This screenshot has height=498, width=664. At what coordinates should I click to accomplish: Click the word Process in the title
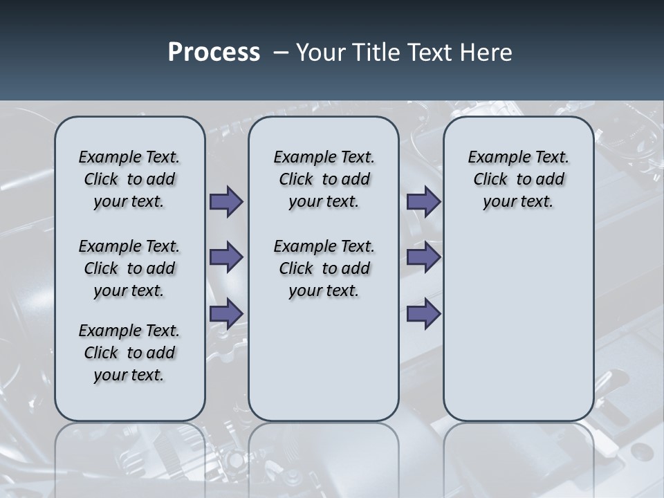click(x=214, y=53)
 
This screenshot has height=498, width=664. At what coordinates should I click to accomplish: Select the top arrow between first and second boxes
click(x=226, y=202)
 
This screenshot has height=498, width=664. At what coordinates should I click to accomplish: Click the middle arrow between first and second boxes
click(x=226, y=258)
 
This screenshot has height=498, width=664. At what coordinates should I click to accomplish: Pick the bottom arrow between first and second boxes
click(x=226, y=314)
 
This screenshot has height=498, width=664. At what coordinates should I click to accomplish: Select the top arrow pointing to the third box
click(x=423, y=202)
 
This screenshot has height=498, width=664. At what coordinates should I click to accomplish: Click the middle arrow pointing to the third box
click(x=423, y=258)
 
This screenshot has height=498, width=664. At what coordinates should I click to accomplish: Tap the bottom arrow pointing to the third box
click(x=423, y=314)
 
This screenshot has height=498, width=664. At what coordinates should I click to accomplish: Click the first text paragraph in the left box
click(x=129, y=179)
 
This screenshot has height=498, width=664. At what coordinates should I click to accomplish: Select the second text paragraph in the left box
click(x=129, y=268)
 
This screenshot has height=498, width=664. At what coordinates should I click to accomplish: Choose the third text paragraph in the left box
click(x=129, y=353)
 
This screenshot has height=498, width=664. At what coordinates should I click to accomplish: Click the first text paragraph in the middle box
click(x=324, y=179)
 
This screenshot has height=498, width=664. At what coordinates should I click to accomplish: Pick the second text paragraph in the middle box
click(x=324, y=268)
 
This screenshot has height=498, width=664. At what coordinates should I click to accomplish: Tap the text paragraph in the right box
click(x=519, y=179)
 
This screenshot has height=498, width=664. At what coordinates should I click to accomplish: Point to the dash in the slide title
click(x=281, y=53)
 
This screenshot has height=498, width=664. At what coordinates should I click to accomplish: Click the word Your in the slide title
click(x=319, y=53)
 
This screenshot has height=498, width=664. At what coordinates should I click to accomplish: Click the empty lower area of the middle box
click(x=324, y=360)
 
